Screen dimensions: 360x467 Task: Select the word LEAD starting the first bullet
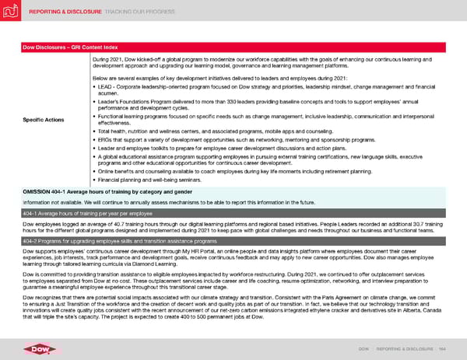pos(104,85)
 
